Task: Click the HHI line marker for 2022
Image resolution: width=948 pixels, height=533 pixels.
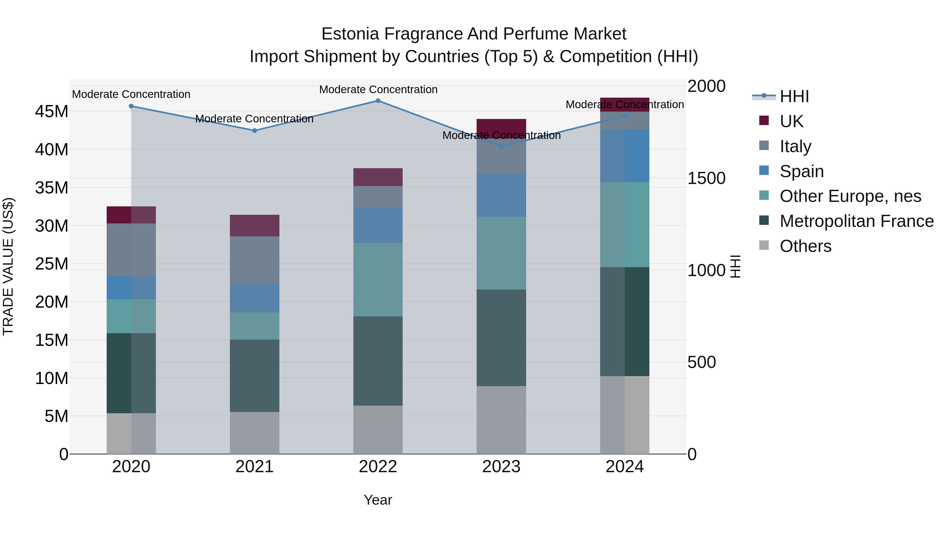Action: [x=378, y=101]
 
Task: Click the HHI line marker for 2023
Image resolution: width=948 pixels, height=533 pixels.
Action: [x=501, y=146]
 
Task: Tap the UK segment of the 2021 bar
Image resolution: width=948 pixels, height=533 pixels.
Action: [x=254, y=226]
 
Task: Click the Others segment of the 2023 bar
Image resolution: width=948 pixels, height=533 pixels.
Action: [x=501, y=420]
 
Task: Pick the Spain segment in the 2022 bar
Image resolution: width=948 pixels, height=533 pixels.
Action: [x=378, y=226]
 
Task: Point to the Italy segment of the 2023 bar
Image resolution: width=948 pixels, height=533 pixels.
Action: [x=501, y=156]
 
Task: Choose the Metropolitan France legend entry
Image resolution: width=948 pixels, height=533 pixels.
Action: [x=856, y=221]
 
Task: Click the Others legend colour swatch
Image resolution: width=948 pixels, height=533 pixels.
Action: [x=764, y=245]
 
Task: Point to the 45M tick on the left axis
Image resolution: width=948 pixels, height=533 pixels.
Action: [x=52, y=111]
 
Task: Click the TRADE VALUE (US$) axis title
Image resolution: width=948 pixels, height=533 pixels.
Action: [x=8, y=266]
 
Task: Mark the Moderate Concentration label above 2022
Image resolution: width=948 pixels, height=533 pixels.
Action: [x=378, y=89]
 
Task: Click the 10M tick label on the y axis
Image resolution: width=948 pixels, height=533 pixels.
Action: [x=52, y=378]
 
